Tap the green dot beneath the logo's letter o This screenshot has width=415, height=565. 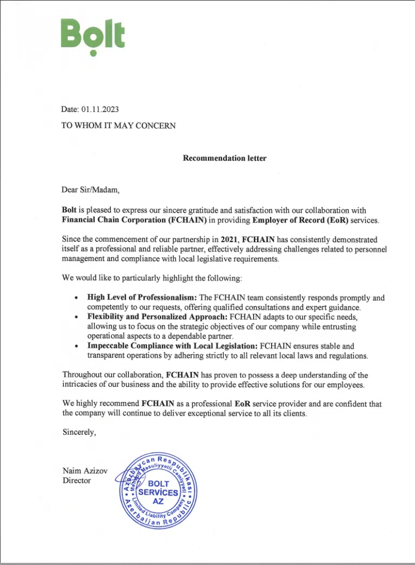point(93,53)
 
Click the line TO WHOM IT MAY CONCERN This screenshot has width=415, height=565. point(118,125)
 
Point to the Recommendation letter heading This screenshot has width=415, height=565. point(224,158)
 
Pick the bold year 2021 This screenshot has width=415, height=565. point(230,239)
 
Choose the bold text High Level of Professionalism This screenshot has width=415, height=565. point(143,297)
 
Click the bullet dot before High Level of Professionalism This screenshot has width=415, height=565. point(77,298)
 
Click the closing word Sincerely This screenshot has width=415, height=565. point(79,432)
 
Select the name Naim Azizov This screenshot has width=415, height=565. point(85,471)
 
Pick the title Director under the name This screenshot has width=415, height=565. point(77,480)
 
